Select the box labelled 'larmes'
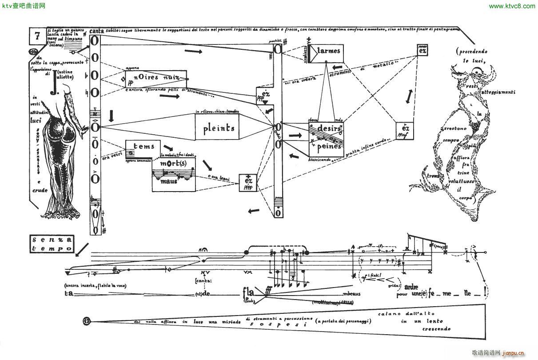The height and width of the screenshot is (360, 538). click(328, 52)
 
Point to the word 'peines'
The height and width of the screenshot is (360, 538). click(329, 146)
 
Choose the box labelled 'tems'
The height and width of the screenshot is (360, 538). click(143, 146)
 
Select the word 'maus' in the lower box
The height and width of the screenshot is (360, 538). click(169, 181)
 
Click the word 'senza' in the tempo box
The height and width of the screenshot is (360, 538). click(52, 240)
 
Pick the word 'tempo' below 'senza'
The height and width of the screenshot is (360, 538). click(52, 248)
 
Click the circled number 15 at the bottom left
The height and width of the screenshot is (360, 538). click(87, 320)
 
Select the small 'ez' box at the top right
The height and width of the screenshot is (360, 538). click(422, 50)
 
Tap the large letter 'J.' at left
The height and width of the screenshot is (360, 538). click(54, 86)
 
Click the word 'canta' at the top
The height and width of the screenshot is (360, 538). click(96, 31)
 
